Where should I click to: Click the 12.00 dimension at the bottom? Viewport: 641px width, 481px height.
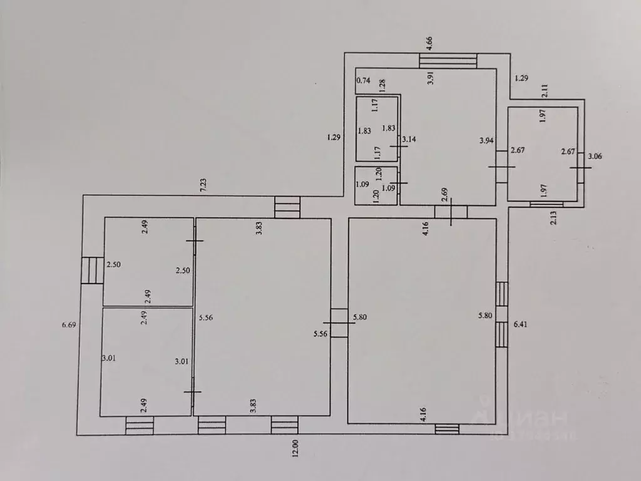[295, 448]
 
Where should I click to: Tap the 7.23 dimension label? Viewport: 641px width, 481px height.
[203, 185]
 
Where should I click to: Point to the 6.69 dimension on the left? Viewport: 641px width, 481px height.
[69, 325]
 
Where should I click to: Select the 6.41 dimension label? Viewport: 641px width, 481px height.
[520, 324]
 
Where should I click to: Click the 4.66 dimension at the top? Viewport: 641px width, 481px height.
[429, 43]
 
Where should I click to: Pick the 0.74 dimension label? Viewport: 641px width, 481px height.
[364, 80]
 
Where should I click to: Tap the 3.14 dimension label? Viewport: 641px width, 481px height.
[409, 139]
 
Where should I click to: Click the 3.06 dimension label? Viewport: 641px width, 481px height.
[595, 156]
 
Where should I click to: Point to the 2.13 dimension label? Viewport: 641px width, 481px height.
[553, 217]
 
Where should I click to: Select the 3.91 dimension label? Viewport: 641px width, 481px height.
[430, 78]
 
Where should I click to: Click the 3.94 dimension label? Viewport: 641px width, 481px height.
[486, 141]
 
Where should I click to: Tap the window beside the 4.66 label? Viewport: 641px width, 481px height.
[448, 61]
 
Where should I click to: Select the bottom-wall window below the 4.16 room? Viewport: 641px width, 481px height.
[447, 429]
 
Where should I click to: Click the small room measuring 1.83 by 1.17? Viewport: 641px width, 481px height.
[377, 129]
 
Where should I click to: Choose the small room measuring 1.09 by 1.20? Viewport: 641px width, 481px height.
[376, 185]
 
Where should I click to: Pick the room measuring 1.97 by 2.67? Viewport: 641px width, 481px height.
[543, 154]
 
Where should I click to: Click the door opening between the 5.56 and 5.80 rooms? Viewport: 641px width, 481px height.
[339, 323]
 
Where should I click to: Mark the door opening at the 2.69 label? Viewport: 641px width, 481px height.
[451, 212]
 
